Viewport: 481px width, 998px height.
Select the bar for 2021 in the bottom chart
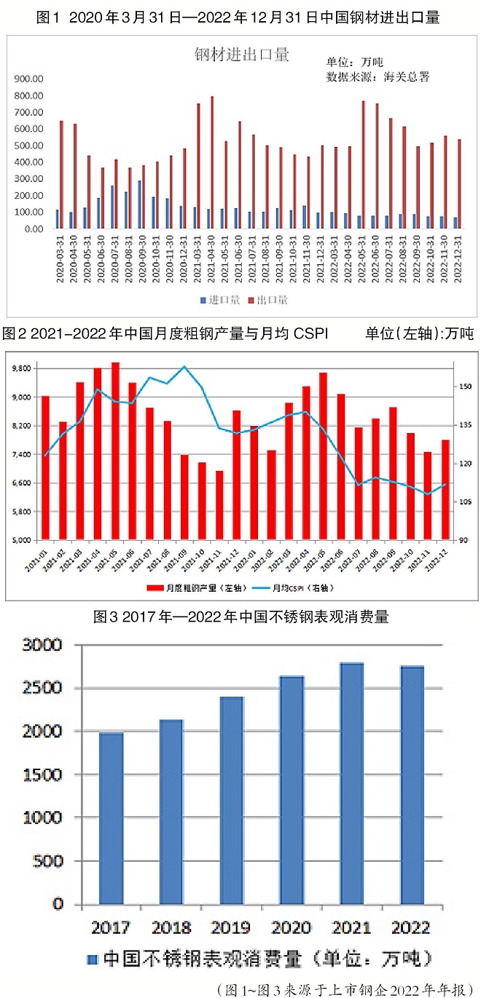(351, 783)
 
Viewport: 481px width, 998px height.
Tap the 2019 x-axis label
(231, 927)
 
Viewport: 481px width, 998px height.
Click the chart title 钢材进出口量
(241, 53)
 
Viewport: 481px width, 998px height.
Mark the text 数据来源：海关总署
(377, 76)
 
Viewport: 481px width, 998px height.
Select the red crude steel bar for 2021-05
(115, 451)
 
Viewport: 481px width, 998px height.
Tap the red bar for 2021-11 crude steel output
(219, 505)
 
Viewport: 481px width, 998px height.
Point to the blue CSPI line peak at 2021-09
(184, 366)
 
